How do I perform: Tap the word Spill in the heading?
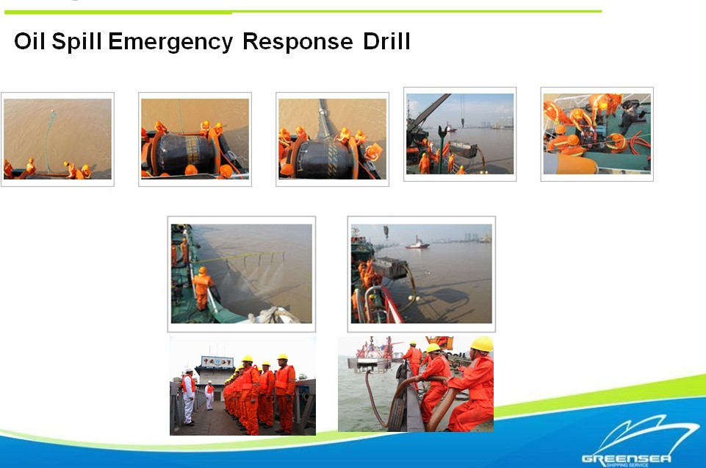tap(77, 42)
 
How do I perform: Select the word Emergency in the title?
tap(170, 42)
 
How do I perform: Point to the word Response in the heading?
tap(298, 42)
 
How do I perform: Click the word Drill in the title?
tap(386, 41)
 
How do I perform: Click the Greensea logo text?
tap(627, 458)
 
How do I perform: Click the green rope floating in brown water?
tap(48, 140)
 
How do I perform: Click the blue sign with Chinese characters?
tap(217, 361)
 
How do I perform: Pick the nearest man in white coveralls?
tap(189, 397)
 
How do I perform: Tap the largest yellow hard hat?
tap(482, 344)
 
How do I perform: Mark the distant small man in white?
tap(209, 395)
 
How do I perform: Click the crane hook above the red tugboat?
tap(386, 232)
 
